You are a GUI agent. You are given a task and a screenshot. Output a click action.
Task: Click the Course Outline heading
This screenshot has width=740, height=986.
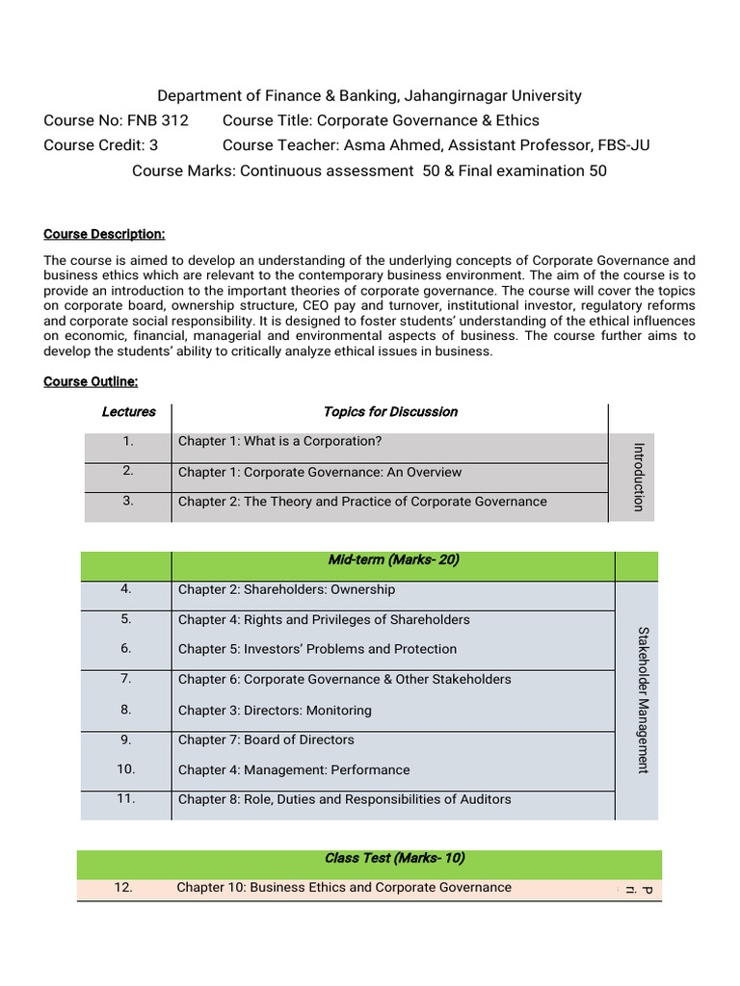[91, 382]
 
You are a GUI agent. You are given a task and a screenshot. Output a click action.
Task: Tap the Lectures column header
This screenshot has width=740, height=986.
[128, 412]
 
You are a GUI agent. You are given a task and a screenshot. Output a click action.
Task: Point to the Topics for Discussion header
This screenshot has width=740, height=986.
[390, 412]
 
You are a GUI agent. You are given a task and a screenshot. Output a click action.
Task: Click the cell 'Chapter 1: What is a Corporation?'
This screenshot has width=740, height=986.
[279, 442]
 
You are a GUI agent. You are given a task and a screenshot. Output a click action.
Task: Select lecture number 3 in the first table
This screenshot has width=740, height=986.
[128, 501]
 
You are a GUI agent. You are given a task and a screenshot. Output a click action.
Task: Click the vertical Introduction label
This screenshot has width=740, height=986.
[637, 477]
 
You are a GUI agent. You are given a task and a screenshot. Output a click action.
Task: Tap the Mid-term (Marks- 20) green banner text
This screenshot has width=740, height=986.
[393, 560]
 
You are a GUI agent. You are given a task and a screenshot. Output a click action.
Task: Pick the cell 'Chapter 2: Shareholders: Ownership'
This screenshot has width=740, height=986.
[286, 590]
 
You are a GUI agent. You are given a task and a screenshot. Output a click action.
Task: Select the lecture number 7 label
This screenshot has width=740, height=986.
[126, 678]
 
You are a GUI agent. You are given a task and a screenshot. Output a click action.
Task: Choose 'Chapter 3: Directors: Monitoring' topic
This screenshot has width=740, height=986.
[275, 711]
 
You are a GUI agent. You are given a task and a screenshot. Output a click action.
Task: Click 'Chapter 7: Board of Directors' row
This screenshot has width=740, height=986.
[266, 739]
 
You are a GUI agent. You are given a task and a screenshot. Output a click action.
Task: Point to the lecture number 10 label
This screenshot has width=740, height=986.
[126, 769]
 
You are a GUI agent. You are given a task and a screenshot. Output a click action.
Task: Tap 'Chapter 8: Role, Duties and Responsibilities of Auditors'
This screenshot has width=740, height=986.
[344, 799]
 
